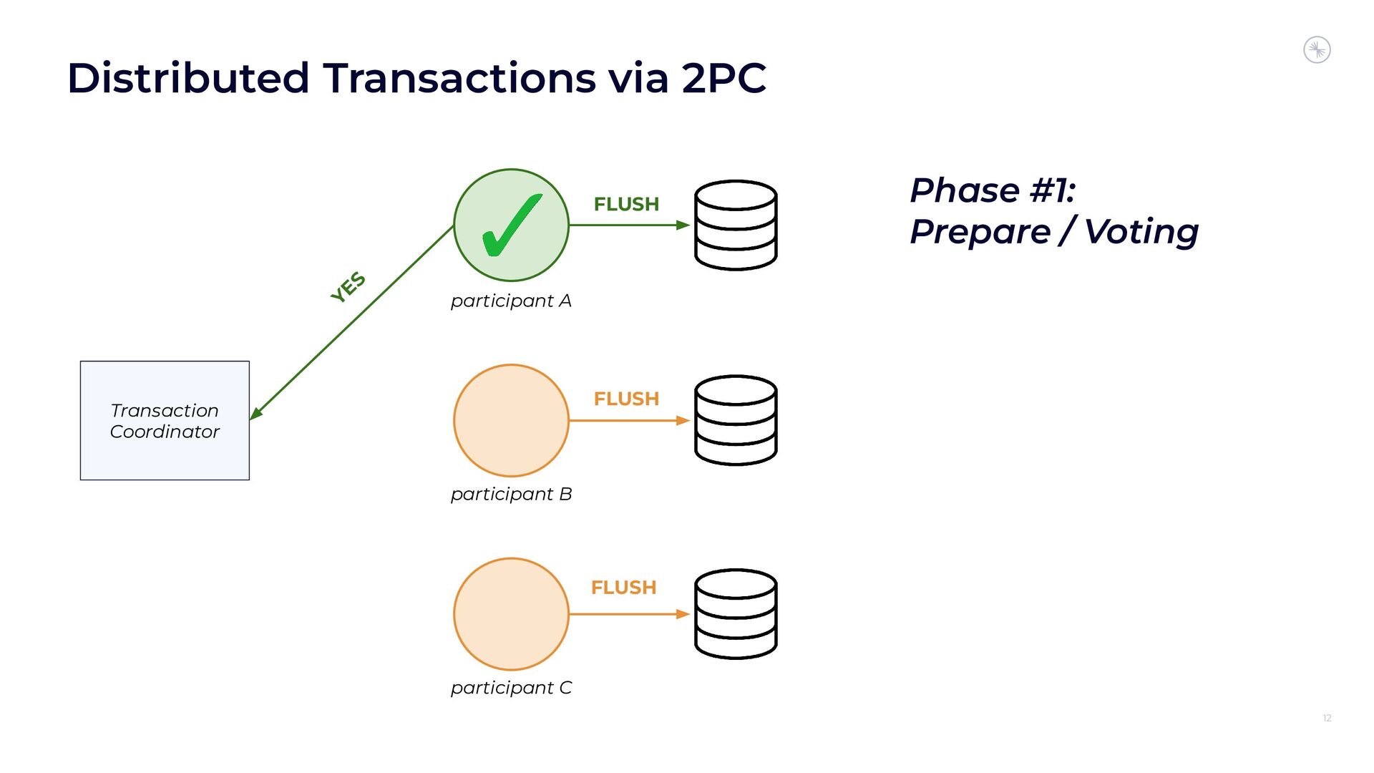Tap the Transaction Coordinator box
click(x=165, y=420)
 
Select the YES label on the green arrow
click(x=349, y=287)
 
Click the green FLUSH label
click(x=626, y=204)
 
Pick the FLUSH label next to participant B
click(x=626, y=399)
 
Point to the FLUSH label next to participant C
click(x=623, y=588)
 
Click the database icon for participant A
click(x=736, y=225)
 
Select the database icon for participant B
click(x=736, y=420)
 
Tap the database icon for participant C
click(x=736, y=614)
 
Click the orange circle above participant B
click(x=511, y=420)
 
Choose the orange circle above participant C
click(x=511, y=614)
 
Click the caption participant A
click(x=511, y=301)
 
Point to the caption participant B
click(x=511, y=494)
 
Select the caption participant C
click(x=511, y=688)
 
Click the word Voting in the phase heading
click(x=1141, y=231)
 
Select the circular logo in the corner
click(x=1317, y=50)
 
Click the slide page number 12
click(x=1327, y=718)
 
